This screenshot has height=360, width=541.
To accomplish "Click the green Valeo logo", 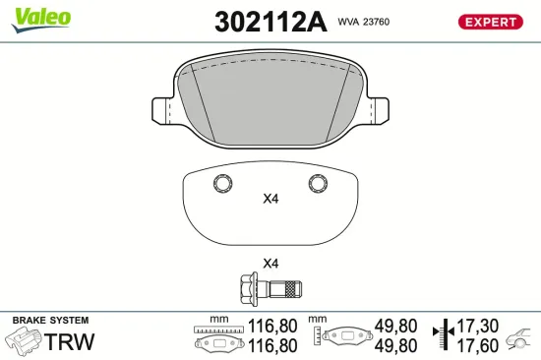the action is pos(41,20).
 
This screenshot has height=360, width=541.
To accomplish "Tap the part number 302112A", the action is pos(270,22).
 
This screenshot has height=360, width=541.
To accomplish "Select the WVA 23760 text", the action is pos(364,22).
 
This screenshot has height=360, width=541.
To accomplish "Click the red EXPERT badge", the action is pos(490,22).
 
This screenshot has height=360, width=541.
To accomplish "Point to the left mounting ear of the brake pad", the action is pos(161,110).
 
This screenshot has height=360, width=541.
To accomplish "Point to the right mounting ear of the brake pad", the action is pos(379,110).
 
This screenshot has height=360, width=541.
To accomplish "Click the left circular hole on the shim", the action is pos(223,183).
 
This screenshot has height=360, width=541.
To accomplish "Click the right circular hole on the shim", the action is pos(318,183).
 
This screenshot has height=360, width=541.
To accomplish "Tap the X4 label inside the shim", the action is pos(270,199).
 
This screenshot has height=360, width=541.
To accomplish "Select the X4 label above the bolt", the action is pos(270,264).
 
